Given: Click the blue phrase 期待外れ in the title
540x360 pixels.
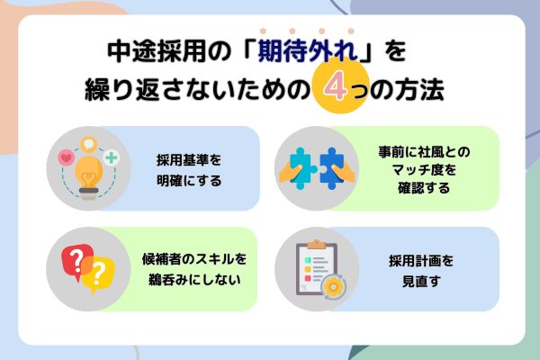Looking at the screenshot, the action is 308,51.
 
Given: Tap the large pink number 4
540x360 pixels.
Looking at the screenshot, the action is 336,85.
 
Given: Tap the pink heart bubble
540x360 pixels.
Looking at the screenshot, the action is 67,158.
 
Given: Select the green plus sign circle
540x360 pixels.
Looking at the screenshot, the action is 112,157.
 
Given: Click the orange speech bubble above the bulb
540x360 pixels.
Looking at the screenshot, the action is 88,144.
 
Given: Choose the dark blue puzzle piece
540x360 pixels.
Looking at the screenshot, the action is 332,168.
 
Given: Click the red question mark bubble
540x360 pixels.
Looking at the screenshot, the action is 77,261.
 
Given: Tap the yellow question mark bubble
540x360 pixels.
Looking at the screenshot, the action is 98,274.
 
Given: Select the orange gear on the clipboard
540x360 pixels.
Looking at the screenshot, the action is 333,286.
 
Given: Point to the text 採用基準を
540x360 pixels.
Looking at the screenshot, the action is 189,160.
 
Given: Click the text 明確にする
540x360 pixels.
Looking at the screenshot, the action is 189,181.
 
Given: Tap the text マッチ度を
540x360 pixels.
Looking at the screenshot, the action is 424,169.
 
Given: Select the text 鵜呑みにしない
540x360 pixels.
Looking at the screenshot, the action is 194,279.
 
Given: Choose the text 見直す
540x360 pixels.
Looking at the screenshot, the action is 421,281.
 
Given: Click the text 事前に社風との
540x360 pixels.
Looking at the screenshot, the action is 424,151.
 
